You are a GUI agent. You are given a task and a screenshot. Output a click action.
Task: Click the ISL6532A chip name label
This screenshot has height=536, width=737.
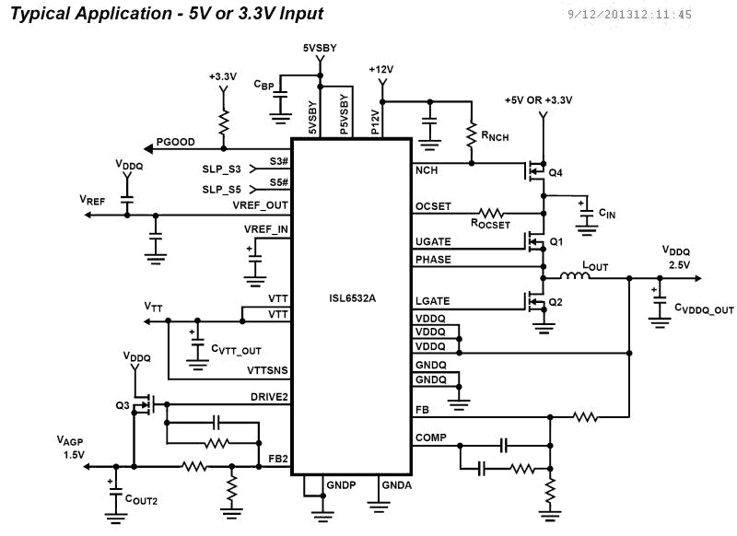(351, 297)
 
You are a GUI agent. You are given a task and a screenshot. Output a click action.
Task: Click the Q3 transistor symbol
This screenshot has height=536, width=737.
(142, 403)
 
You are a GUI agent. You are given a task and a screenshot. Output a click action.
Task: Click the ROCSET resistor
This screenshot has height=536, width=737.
(490, 211)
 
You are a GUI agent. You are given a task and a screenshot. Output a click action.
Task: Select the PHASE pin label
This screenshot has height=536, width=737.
(433, 260)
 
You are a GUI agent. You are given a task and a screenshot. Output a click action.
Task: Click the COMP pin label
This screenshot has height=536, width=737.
(430, 437)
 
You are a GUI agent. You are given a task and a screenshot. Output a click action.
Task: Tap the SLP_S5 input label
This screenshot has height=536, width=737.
(221, 190)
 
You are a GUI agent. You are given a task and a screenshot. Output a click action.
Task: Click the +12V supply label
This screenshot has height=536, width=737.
(380, 70)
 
